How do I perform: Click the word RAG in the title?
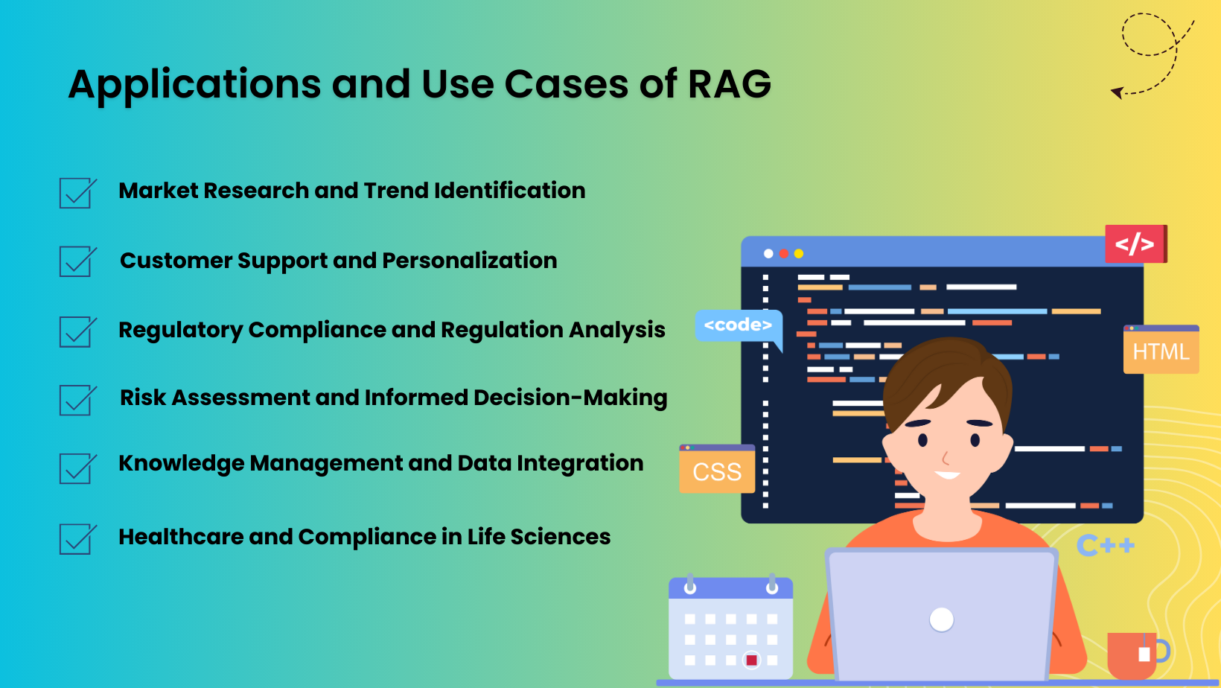point(729,84)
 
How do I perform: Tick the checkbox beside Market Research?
point(75,194)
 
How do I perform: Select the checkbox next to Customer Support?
point(75,262)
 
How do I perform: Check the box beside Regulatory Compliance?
point(75,332)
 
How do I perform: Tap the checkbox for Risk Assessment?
point(75,401)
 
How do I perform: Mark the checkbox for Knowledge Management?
point(75,469)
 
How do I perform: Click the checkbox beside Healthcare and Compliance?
point(75,539)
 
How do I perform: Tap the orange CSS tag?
point(717,471)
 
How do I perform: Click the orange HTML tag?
point(1161,351)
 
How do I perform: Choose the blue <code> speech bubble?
point(738,325)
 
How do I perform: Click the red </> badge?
point(1135,243)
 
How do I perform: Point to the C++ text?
point(1106,546)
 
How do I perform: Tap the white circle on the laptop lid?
point(942,619)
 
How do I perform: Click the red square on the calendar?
point(752,660)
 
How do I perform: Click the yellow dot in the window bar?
point(799,254)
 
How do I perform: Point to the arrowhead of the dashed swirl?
point(1116,92)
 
